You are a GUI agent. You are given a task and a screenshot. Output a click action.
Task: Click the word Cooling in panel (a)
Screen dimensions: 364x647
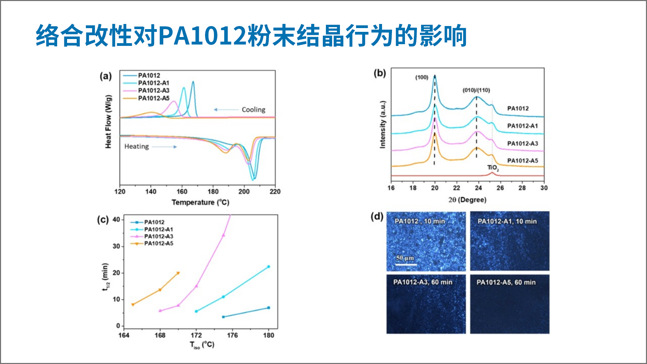tap(253, 110)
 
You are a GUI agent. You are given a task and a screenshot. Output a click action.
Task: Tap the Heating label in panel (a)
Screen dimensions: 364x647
tap(136, 147)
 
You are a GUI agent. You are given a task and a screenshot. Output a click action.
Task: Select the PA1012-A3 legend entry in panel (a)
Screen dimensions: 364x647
tap(153, 90)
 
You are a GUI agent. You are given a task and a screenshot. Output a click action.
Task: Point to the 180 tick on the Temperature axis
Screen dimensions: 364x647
tap(213, 191)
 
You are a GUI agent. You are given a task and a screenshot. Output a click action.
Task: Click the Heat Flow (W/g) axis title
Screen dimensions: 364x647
tap(108, 122)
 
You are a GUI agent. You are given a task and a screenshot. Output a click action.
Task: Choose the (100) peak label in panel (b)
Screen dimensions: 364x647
tap(422, 77)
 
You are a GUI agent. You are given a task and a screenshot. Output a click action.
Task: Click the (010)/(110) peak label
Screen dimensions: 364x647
tap(476, 90)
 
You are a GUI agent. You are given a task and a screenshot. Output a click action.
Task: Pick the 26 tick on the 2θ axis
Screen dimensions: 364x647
tap(500, 188)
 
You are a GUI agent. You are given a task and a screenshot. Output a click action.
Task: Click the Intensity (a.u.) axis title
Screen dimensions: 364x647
tap(382, 125)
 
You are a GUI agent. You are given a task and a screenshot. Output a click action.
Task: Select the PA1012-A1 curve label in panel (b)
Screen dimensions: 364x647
tap(522, 126)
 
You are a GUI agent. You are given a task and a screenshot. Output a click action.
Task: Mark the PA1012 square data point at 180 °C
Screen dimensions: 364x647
tap(268, 308)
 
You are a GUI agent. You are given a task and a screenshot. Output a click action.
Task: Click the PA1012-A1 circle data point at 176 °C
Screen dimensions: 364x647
tap(223, 297)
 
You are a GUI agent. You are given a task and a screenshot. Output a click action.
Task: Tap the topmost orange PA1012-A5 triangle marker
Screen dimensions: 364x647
tap(178, 273)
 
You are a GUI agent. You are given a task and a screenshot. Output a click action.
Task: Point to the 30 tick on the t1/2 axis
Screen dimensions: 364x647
tap(116, 246)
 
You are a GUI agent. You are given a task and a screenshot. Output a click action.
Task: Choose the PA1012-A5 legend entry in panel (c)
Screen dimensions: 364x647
tap(158, 243)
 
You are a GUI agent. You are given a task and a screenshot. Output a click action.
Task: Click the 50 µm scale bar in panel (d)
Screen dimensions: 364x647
tap(406, 264)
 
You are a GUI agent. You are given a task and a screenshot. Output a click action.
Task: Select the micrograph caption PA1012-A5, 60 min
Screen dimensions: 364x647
tap(506, 283)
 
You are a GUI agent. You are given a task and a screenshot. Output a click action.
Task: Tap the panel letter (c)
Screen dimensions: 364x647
tap(103, 219)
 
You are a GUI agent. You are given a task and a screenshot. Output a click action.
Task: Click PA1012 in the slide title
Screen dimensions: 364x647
tap(202, 36)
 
